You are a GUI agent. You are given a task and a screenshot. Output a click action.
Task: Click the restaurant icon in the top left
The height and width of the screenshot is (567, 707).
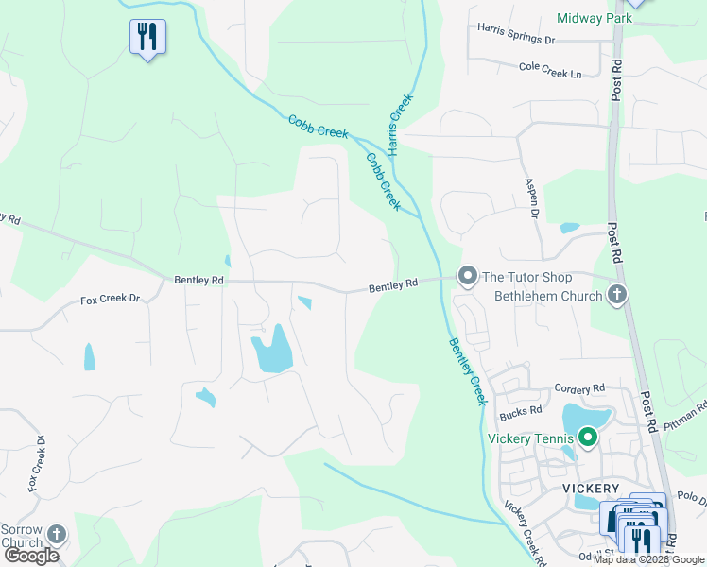point(147,37)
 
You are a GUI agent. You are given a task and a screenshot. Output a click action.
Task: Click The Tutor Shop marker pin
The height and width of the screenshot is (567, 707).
point(467,276)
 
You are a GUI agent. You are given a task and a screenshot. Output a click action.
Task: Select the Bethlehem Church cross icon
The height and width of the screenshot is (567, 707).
point(617,296)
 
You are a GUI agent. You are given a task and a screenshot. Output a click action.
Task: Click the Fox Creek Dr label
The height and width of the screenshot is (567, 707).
point(110,299)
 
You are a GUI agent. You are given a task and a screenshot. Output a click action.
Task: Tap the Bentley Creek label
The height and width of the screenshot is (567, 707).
point(467,371)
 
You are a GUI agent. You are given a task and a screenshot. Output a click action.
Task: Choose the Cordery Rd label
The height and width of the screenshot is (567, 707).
point(579,388)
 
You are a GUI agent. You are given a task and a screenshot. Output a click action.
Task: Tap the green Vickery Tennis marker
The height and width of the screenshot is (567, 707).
point(588,438)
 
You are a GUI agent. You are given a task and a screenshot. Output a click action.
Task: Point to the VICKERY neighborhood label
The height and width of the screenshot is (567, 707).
point(590,488)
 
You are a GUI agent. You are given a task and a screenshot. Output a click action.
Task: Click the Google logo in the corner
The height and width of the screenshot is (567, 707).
point(31,556)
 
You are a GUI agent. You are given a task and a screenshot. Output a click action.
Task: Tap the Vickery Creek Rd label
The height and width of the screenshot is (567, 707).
point(525,533)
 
